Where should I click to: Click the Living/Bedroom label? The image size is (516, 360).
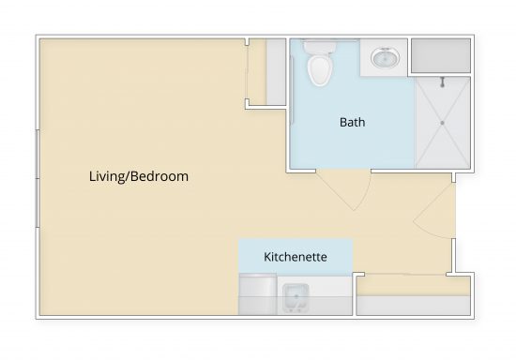(x=139, y=176)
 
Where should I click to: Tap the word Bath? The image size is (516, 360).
(x=352, y=122)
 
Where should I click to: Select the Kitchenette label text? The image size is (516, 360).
(x=295, y=256)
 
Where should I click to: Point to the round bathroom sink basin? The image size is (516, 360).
(x=383, y=59)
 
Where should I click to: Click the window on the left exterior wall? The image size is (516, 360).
(x=37, y=178)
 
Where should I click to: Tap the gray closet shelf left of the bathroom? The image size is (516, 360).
(x=276, y=73)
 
